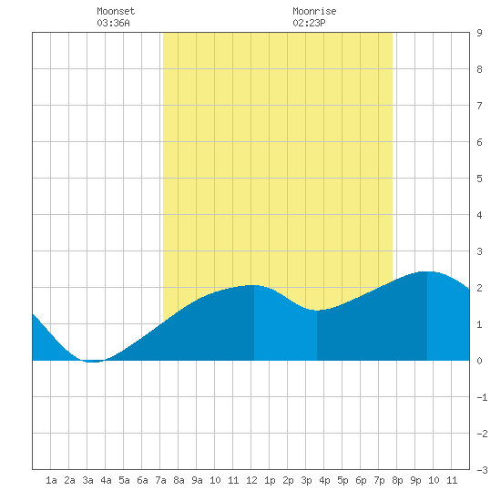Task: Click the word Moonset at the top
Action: click(116, 11)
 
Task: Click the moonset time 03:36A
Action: click(113, 23)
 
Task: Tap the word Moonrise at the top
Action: click(314, 11)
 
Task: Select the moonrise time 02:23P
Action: click(309, 23)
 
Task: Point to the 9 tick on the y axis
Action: click(479, 33)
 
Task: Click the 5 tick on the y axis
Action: click(479, 179)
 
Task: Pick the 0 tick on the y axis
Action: click(479, 361)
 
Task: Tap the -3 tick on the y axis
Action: click(482, 470)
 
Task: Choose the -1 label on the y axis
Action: click(482, 397)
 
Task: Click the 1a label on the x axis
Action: click(51, 480)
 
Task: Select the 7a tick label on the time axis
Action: click(160, 480)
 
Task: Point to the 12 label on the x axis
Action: click(251, 480)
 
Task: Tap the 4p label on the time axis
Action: click(324, 480)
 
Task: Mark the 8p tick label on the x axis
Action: click(397, 480)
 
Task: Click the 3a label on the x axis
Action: click(87, 480)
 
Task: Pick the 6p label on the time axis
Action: click(361, 480)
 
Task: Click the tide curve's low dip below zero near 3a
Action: click(93, 362)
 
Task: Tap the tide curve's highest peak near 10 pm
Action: click(427, 271)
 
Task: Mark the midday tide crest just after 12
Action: click(254, 285)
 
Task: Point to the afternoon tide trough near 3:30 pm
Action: click(317, 311)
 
